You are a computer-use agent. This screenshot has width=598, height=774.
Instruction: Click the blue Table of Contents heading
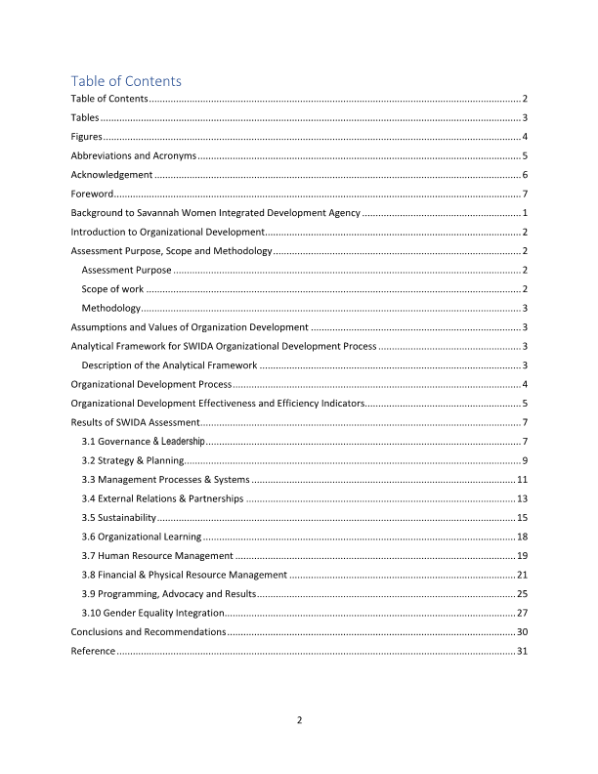click(126, 81)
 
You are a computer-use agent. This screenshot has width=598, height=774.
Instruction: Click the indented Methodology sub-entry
click(110, 308)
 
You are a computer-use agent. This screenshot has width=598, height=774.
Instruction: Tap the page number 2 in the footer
click(299, 721)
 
